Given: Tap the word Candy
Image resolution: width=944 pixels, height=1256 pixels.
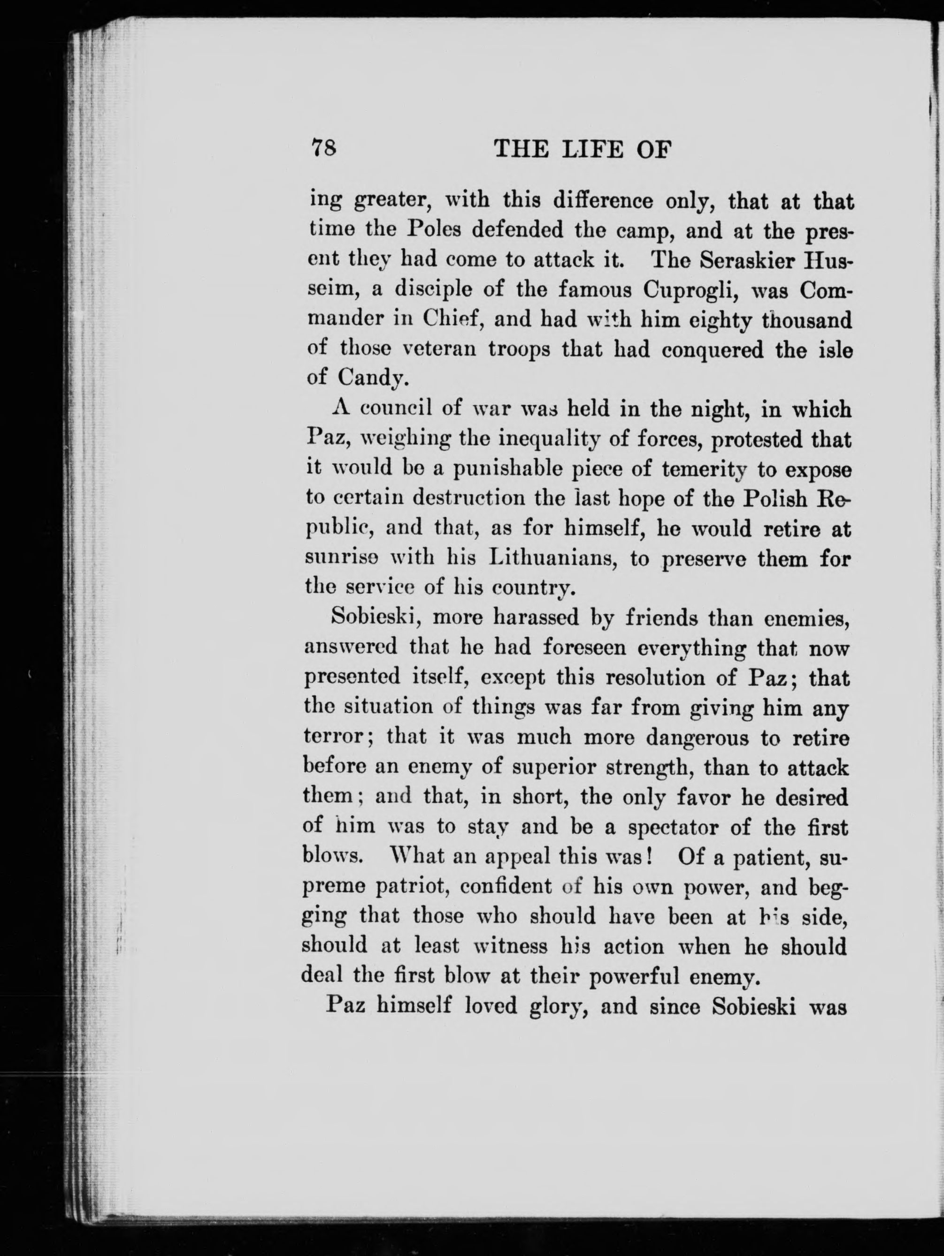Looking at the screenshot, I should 370,378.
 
